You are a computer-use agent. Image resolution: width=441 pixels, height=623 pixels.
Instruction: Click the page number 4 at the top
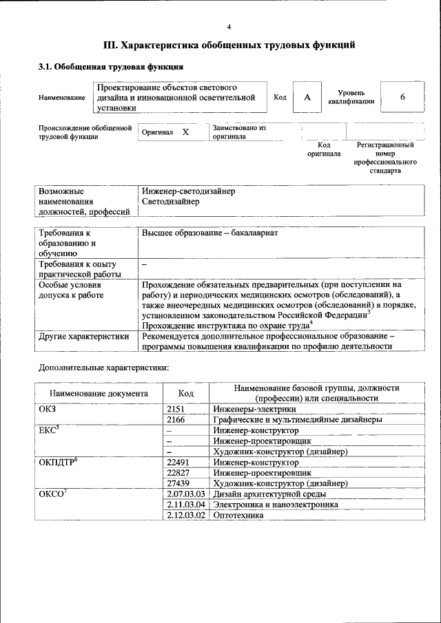(x=229, y=27)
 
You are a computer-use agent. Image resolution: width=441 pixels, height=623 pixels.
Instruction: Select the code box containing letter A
(x=307, y=98)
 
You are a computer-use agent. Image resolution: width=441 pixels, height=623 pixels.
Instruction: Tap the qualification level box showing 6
(x=402, y=98)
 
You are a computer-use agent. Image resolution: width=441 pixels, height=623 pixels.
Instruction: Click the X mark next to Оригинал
(x=185, y=131)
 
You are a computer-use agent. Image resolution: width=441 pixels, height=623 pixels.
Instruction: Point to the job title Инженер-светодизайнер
(x=188, y=191)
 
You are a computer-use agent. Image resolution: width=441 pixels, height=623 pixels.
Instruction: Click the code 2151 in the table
(x=176, y=409)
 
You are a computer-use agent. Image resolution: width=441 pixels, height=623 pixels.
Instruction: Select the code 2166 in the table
(x=176, y=419)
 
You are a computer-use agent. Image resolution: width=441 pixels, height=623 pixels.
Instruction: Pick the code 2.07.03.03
(x=186, y=494)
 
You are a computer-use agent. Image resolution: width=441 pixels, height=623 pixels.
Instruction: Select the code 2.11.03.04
(x=186, y=504)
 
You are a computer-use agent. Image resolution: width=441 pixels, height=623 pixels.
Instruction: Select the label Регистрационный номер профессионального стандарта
(x=385, y=158)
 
